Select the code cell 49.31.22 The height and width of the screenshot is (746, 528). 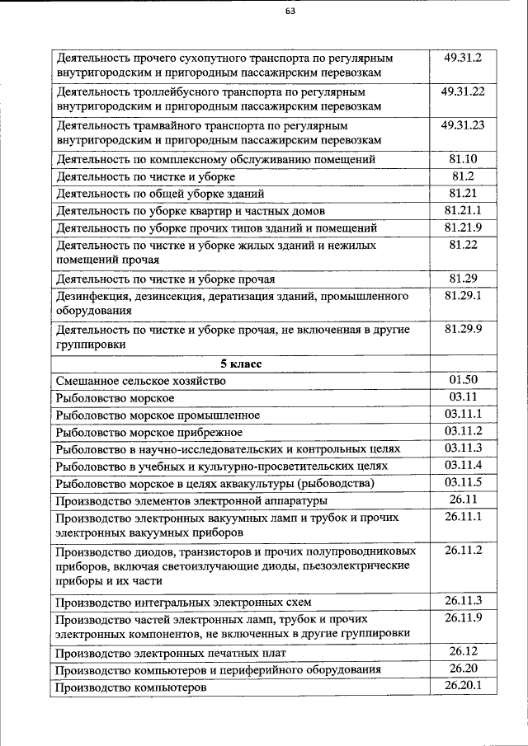[x=463, y=91]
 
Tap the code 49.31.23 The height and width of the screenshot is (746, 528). [x=463, y=125]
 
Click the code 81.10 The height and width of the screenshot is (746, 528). [x=463, y=158]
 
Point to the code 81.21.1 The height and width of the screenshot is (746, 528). [x=463, y=210]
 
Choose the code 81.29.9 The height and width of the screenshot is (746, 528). [x=463, y=328]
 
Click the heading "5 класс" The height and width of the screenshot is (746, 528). [x=240, y=363]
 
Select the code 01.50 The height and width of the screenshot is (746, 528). [x=463, y=379]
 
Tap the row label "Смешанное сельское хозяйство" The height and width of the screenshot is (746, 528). [x=140, y=381]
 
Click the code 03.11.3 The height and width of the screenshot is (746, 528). [x=463, y=448]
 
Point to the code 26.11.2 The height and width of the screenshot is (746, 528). [x=463, y=550]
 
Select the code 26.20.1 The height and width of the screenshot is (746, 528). [x=463, y=685]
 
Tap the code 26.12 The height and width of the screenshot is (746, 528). [x=463, y=651]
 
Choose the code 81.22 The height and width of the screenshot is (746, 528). [x=463, y=245]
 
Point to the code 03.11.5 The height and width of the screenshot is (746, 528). [x=463, y=482]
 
